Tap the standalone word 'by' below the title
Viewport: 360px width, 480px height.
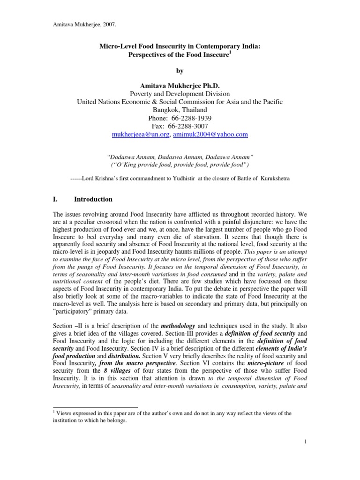pos(180,71)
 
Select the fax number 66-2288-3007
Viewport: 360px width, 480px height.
pos(189,127)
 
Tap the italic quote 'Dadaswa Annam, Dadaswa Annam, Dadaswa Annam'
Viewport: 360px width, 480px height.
pos(180,158)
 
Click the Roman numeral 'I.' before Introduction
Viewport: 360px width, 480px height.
pos(55,199)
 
